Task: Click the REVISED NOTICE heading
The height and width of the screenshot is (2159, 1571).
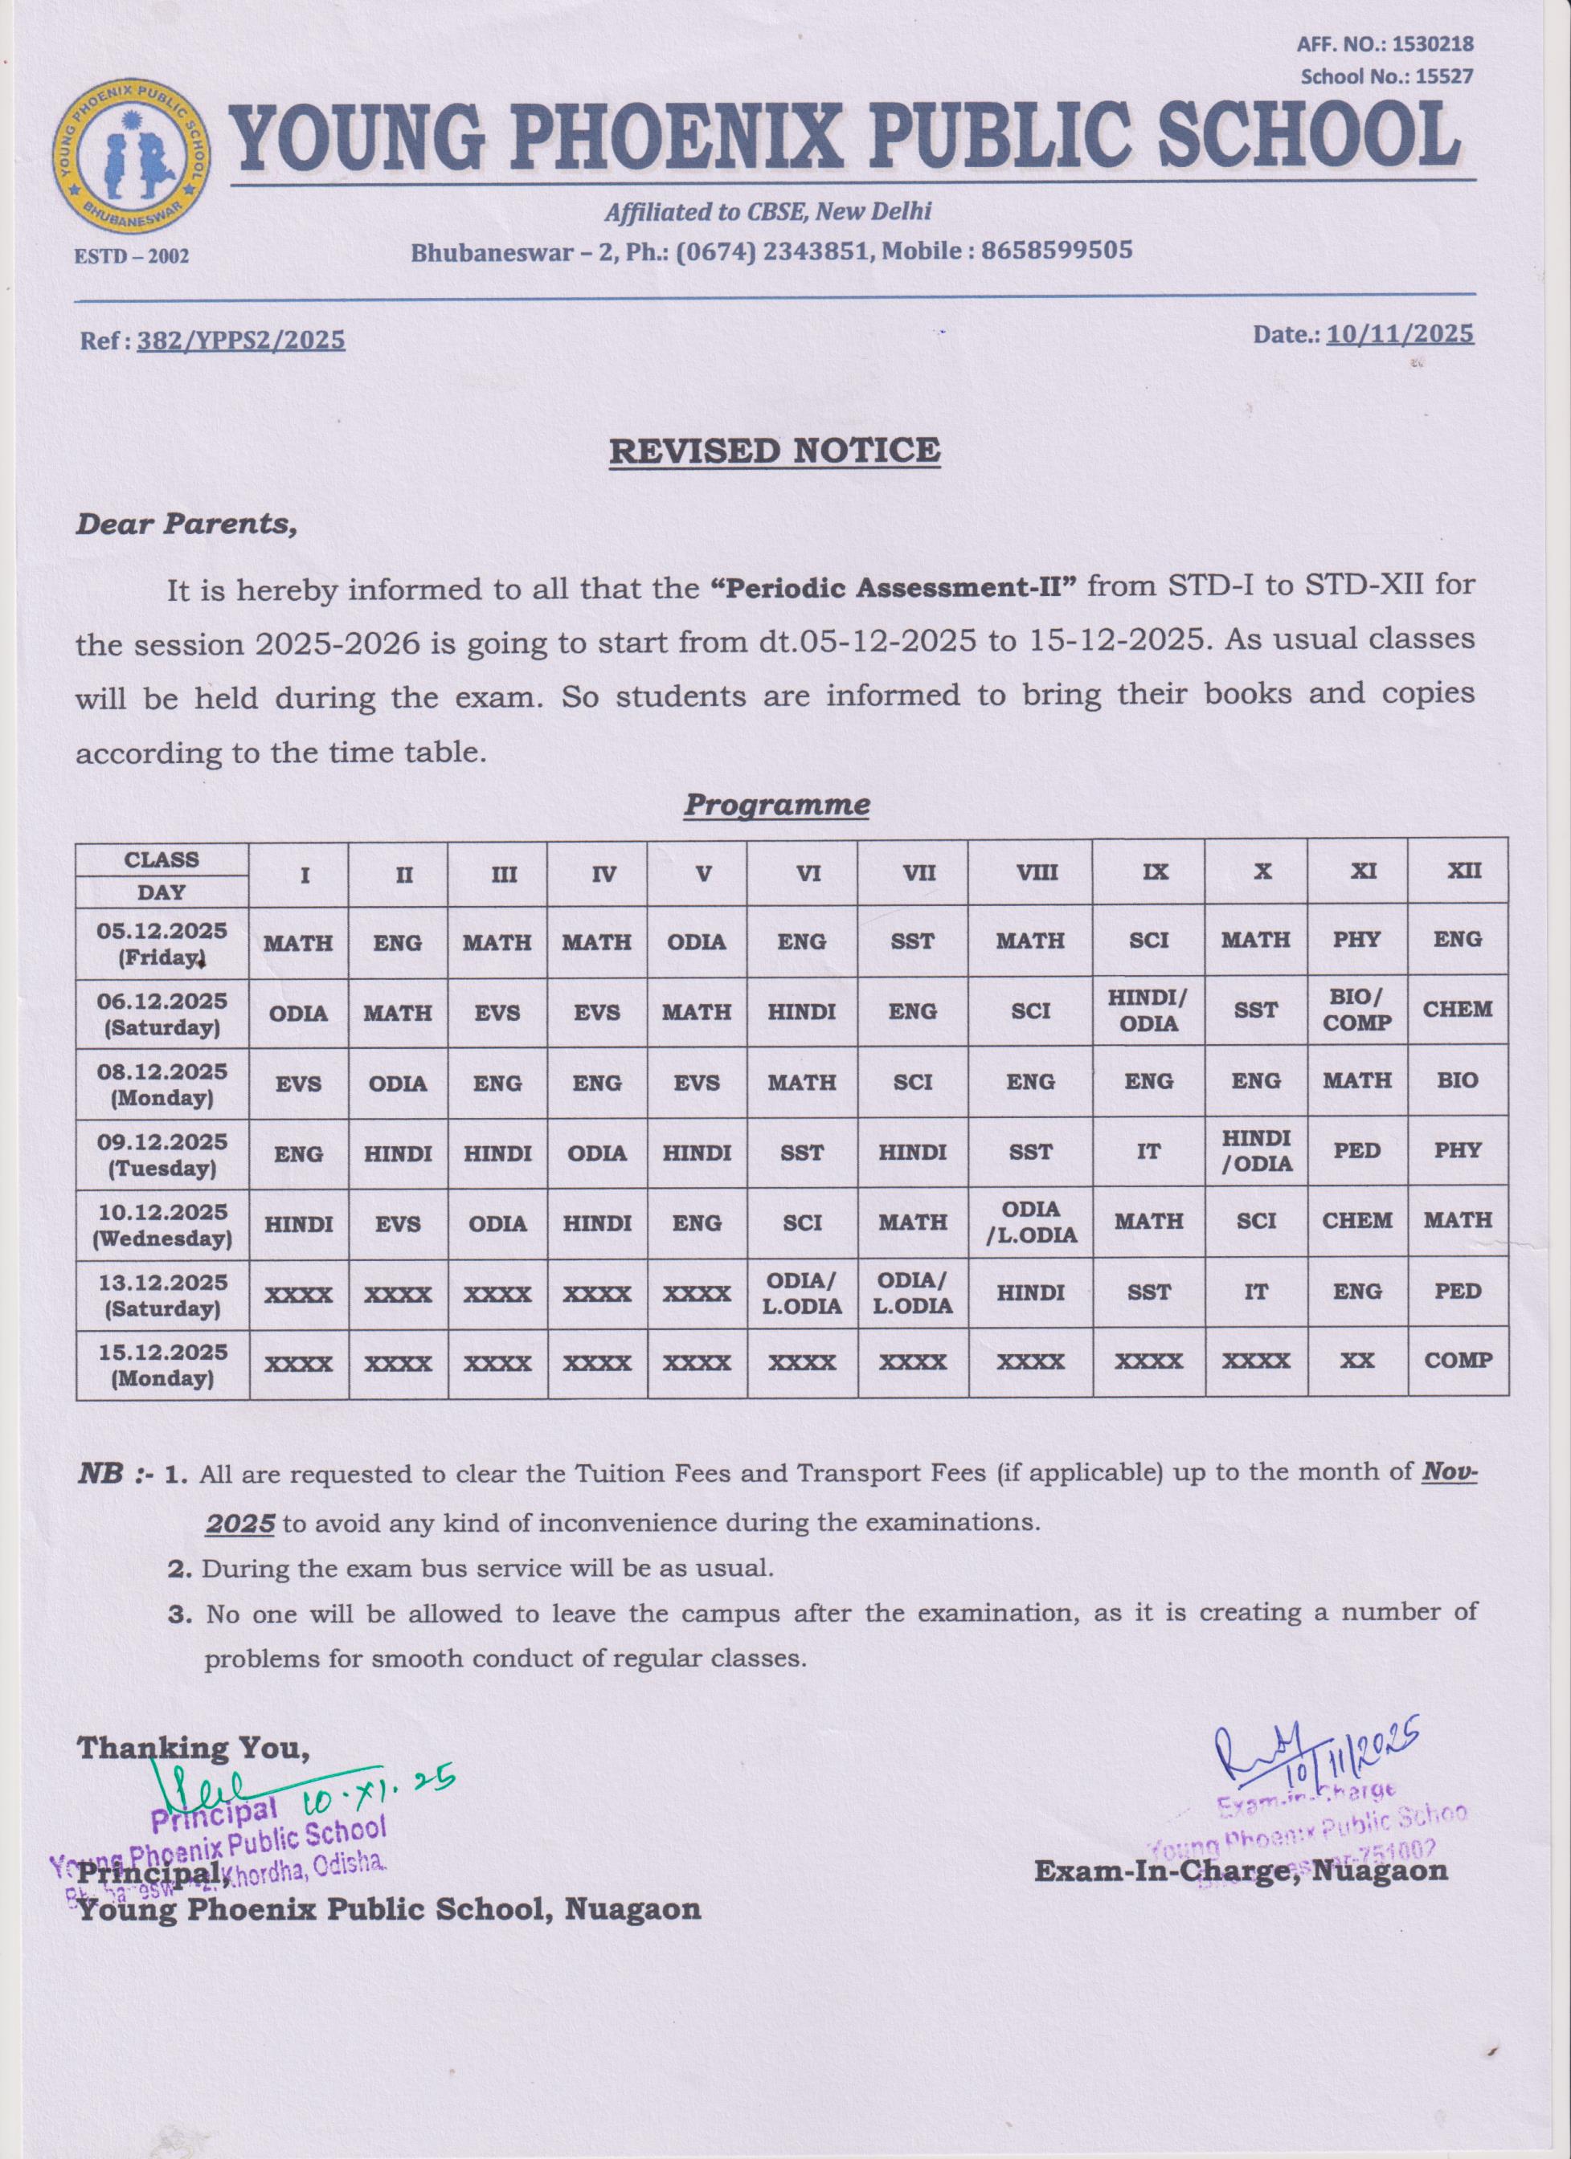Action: (x=774, y=451)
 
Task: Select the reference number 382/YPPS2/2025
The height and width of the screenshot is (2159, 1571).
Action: (x=241, y=340)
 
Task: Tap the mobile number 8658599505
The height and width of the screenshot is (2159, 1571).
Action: (x=1057, y=251)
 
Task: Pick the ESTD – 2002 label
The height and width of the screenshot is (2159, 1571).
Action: (x=132, y=256)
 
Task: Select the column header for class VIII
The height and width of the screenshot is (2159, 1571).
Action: (x=1030, y=872)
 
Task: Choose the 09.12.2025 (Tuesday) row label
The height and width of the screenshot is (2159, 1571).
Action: (x=162, y=1153)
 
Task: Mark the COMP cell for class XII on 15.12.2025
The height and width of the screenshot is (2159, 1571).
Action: (x=1458, y=1361)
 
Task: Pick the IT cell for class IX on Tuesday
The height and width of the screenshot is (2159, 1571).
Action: (x=1148, y=1152)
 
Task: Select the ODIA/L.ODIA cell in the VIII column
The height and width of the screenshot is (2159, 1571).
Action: (x=1031, y=1222)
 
